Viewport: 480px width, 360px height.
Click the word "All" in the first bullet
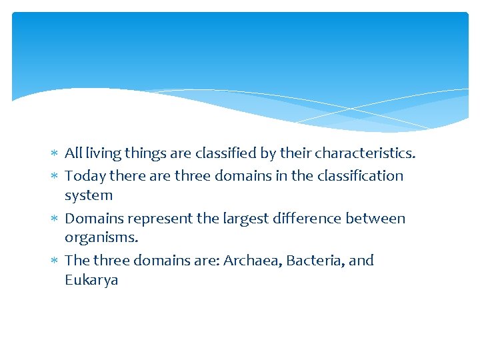73,153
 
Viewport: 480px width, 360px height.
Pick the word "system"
89,196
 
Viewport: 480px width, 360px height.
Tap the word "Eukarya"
91,281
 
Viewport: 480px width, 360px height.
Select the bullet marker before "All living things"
54,154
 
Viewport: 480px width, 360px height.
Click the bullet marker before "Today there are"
54,177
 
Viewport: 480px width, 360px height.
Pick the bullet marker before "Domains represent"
54,219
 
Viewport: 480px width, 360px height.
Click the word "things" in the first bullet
147,154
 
